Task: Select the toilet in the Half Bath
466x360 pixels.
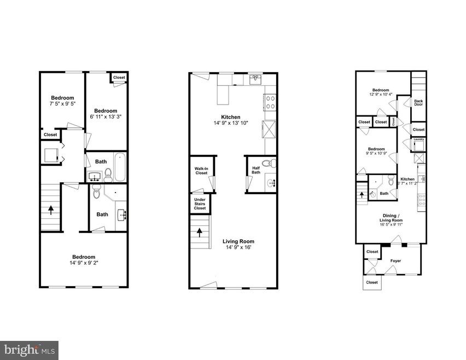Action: coord(266,163)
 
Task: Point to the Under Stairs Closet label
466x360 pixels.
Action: coord(200,204)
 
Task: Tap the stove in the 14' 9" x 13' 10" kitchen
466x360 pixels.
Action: coord(270,102)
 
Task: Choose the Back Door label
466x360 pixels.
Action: coord(418,103)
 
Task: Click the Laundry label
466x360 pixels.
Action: coord(419,139)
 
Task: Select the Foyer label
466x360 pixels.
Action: coord(395,261)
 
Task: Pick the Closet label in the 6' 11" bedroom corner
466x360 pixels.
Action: coord(119,78)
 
